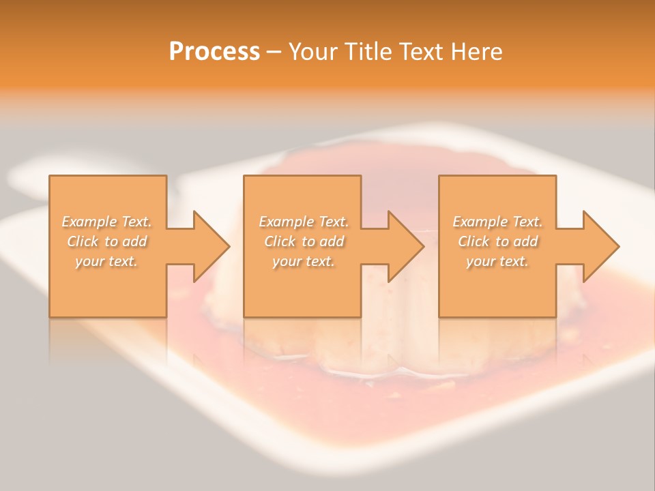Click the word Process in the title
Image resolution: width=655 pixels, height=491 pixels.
[214, 52]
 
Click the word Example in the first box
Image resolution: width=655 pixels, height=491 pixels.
[89, 222]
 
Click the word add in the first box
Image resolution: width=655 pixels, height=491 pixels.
[136, 241]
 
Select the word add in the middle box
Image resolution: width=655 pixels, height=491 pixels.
[332, 241]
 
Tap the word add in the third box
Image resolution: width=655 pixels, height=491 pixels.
[526, 241]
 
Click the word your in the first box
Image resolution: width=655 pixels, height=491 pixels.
[89, 262]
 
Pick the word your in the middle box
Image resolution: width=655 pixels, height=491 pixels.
[286, 262]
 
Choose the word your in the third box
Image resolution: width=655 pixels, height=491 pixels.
[480, 262]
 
